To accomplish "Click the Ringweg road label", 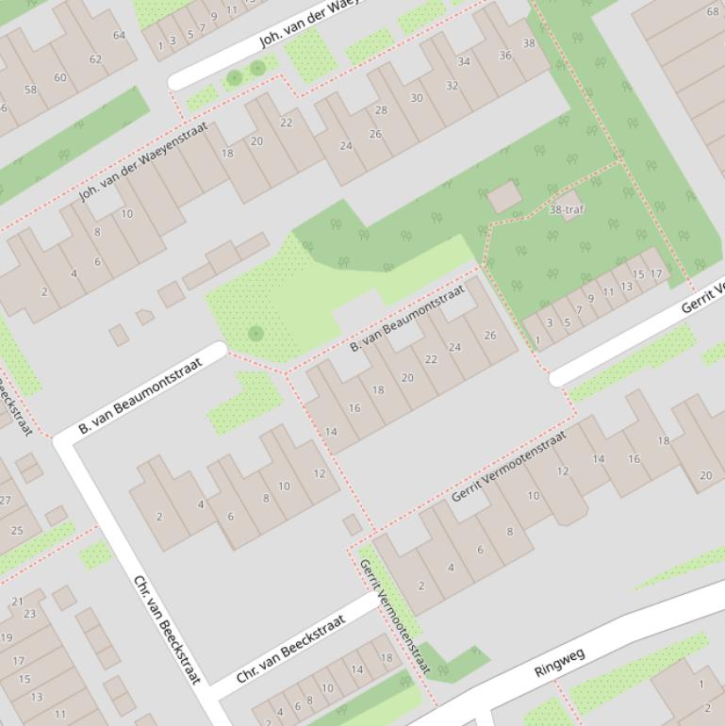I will (559, 662).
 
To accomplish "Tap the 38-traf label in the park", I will (566, 209).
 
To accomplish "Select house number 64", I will (119, 36).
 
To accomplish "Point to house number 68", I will (713, 12).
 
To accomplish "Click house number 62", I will (95, 59).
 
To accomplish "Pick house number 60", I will (60, 77).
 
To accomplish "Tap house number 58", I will (30, 91).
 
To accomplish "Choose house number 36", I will (505, 55).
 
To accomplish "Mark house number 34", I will (464, 62).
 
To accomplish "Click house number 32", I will (452, 86).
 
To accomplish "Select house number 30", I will (417, 98).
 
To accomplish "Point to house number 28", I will (381, 110).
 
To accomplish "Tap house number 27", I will (5, 501).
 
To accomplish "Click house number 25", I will (16, 531).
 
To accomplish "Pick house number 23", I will (29, 614).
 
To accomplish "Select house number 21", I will (17, 602).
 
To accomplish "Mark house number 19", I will (7, 637).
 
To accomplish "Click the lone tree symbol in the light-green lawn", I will (255, 333).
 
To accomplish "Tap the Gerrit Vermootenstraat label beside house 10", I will (508, 466).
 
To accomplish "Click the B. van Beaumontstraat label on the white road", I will (140, 395).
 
